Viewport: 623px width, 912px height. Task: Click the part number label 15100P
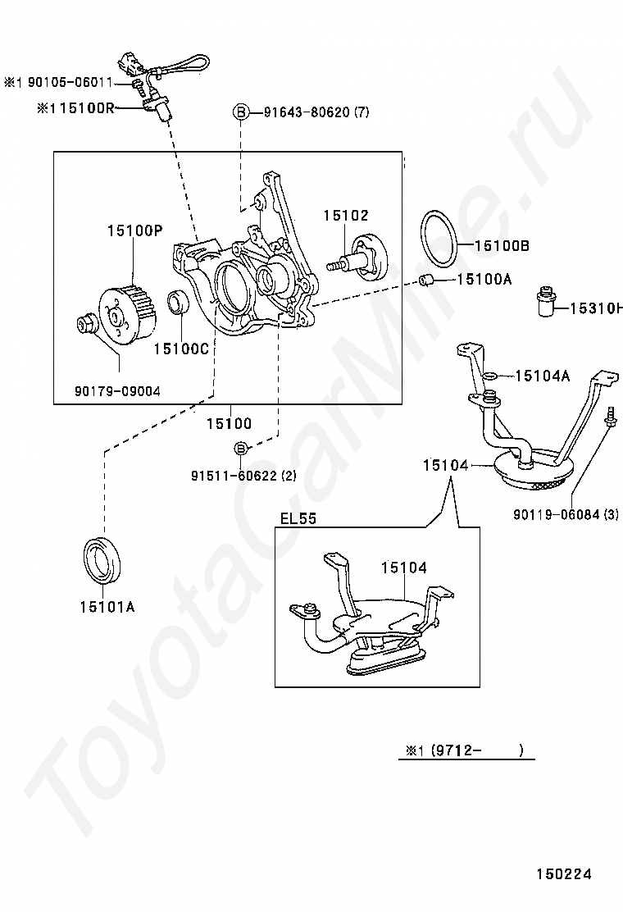pos(134,230)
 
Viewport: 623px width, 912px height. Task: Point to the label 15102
pos(345,215)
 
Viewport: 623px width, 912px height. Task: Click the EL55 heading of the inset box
pos(298,518)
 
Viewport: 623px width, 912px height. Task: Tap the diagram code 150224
pos(564,874)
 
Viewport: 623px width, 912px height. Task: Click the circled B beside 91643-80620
pos(241,112)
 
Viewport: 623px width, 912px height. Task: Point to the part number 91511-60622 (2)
pos(244,476)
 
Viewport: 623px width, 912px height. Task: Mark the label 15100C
pos(181,348)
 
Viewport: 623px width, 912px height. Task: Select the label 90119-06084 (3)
pos(566,515)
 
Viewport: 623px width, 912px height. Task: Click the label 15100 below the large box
pos(228,424)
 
